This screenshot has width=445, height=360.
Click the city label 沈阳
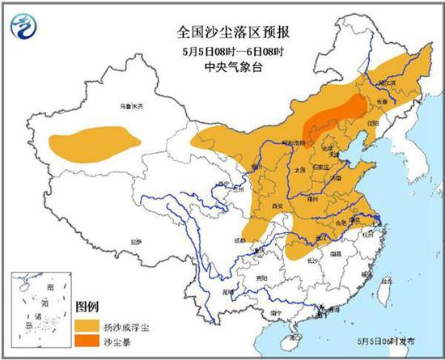(371, 123)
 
